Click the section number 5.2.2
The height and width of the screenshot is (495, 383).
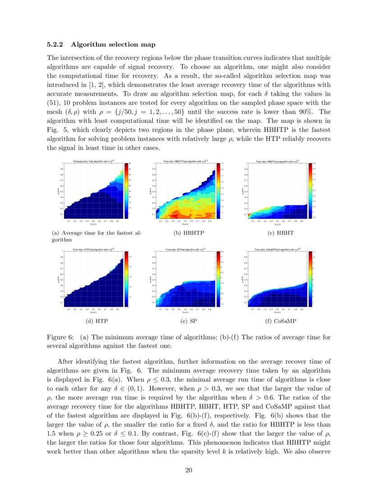click(x=56, y=45)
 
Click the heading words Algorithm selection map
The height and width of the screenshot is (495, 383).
click(x=113, y=45)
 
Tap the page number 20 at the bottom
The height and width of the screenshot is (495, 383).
click(x=189, y=471)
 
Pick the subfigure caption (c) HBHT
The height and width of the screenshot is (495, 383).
click(x=281, y=233)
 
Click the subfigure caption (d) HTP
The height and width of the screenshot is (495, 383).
click(x=97, y=321)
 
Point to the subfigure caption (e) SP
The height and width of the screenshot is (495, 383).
click(x=189, y=321)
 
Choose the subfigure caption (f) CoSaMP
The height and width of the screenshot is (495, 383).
click(x=281, y=321)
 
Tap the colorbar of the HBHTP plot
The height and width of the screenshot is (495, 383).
click(x=218, y=190)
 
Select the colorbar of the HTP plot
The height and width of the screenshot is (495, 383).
click(x=126, y=279)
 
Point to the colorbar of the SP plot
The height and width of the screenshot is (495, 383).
click(x=218, y=279)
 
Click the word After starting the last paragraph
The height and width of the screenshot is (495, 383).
click(x=66, y=361)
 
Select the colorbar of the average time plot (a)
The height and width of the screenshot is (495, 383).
click(x=126, y=190)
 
